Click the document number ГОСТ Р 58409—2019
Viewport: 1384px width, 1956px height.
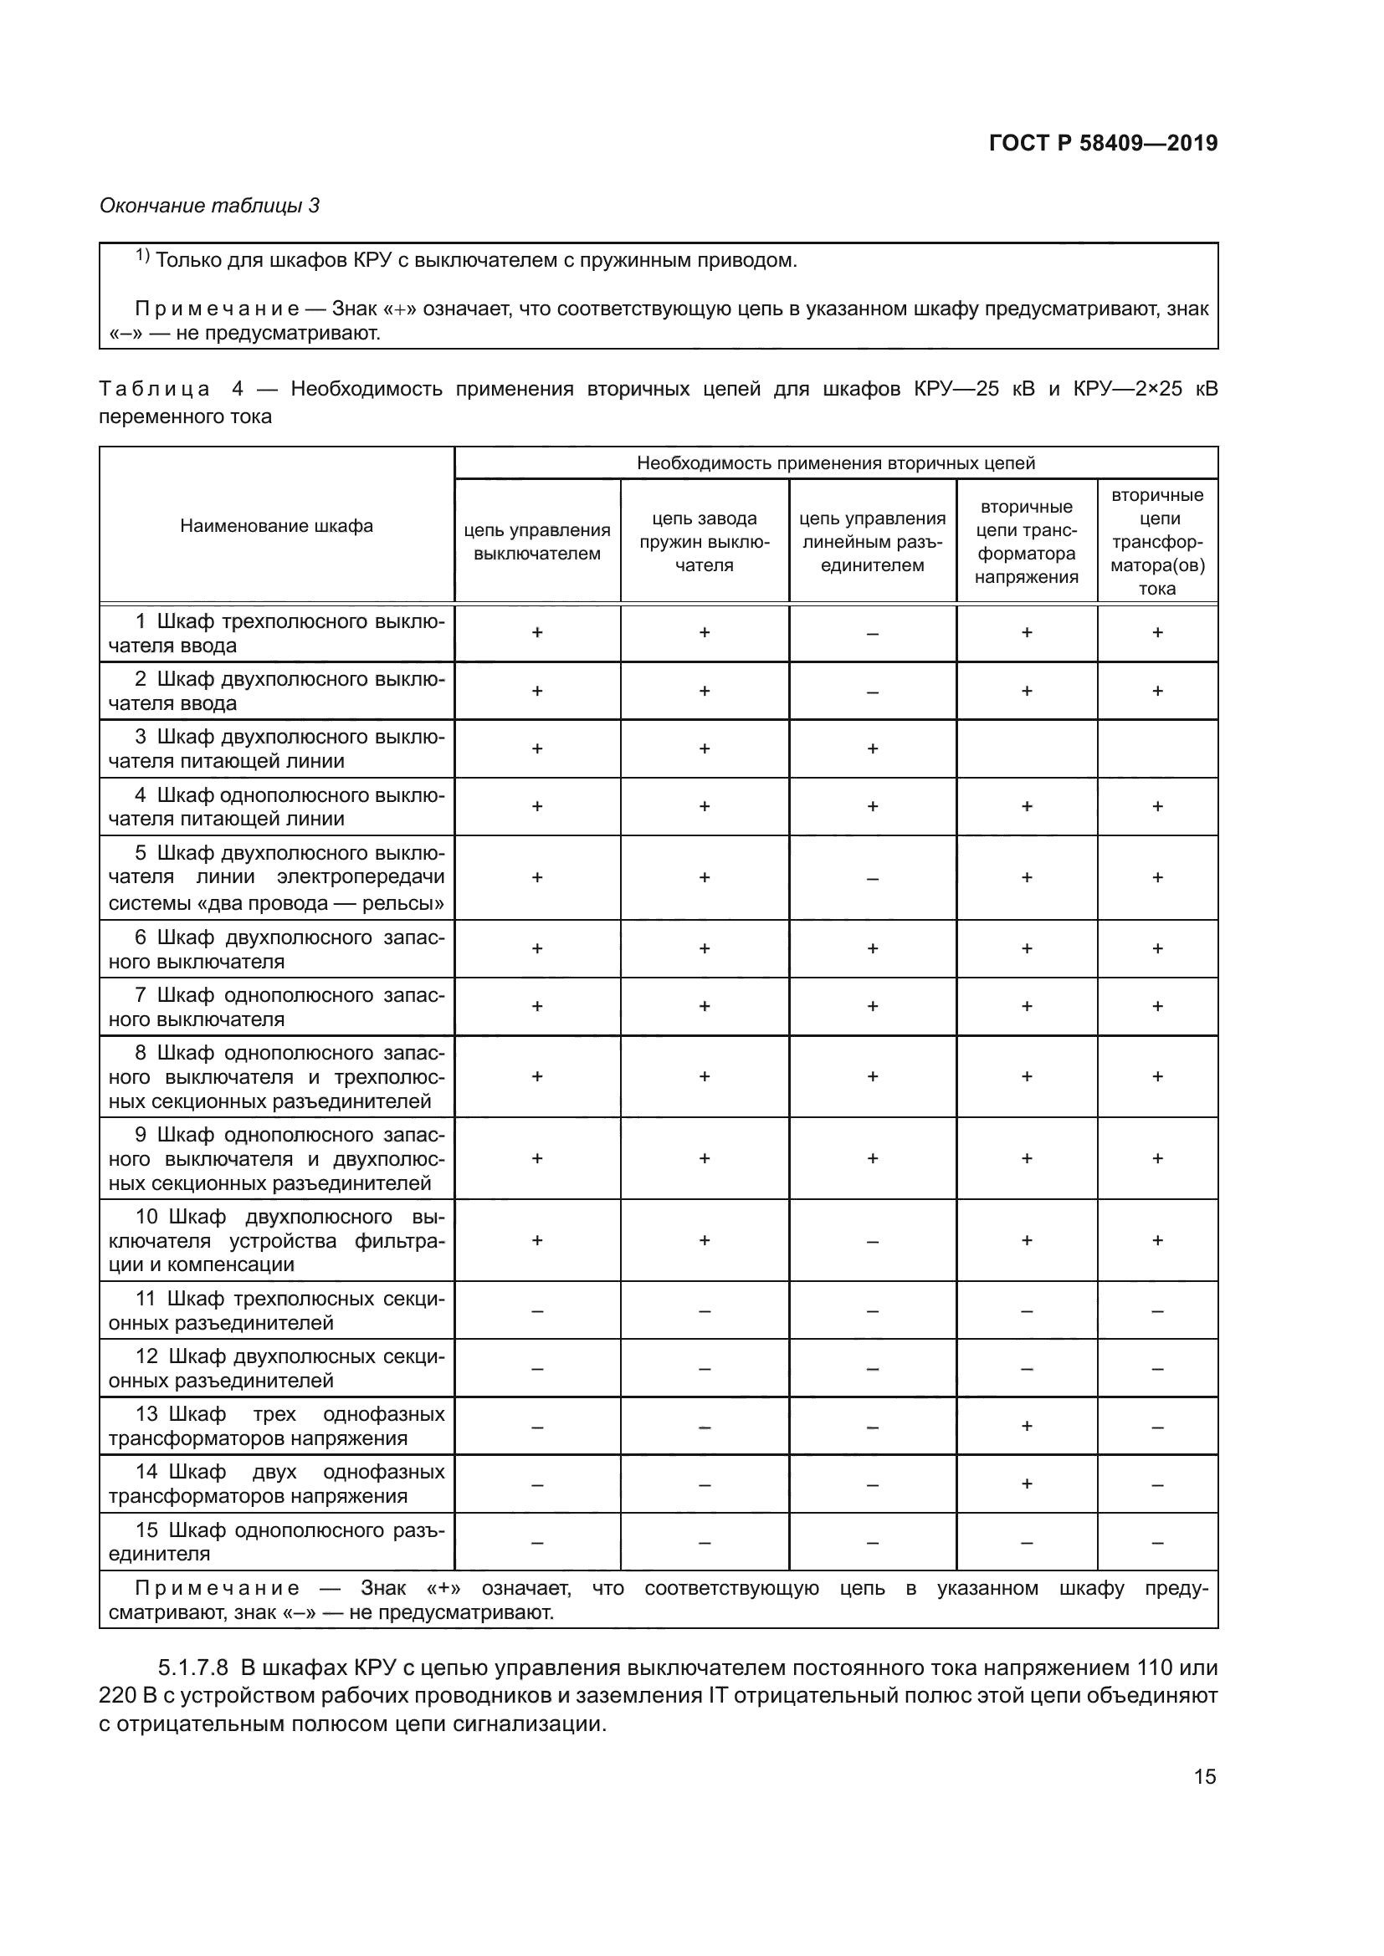1103,143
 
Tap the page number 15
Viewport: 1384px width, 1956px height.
1204,1776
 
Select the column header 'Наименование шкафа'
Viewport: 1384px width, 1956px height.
276,526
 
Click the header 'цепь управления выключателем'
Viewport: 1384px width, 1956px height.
537,542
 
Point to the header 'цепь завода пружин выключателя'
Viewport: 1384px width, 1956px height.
704,542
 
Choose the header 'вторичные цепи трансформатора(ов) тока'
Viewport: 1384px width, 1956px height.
1156,542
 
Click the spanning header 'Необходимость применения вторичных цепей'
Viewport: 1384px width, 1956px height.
835,463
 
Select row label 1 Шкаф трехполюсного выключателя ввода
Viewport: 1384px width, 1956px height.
276,633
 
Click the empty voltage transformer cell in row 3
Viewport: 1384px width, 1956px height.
1026,748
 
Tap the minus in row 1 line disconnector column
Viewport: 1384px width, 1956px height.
872,634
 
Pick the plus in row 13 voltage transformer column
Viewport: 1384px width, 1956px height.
1026,1425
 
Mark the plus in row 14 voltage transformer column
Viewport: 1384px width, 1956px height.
1026,1484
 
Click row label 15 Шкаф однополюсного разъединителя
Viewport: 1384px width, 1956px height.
276,1541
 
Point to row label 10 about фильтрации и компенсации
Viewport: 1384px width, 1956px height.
276,1240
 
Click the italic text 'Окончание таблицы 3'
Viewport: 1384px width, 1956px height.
210,206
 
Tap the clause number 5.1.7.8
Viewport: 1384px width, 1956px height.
193,1667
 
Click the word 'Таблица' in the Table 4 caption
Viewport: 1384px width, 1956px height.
154,390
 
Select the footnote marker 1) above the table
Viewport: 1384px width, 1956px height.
142,256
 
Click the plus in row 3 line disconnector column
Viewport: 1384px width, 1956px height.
872,748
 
